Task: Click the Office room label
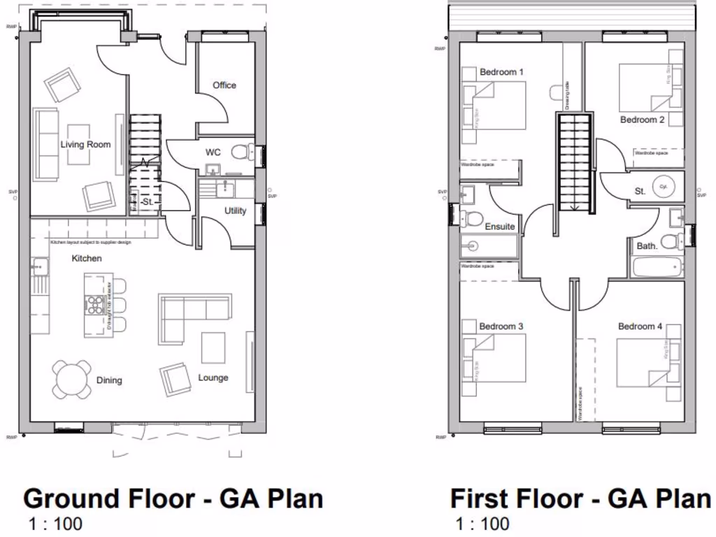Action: click(224, 85)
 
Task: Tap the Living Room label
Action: click(85, 145)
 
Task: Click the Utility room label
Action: click(235, 210)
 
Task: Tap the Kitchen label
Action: click(86, 259)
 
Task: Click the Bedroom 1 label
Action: click(501, 72)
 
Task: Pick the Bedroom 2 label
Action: click(642, 120)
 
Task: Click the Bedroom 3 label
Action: click(501, 327)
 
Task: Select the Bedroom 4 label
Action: click(640, 327)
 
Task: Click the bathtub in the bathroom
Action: click(657, 268)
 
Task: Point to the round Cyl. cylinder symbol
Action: click(663, 187)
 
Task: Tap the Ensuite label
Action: click(499, 227)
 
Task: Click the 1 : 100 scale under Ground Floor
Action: click(55, 523)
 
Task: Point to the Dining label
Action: click(109, 380)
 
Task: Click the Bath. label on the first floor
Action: click(647, 246)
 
